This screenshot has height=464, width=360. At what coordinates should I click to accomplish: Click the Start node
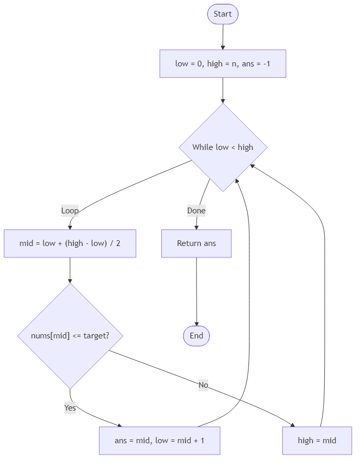coord(223,14)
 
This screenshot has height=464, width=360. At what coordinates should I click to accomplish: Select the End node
coord(197,336)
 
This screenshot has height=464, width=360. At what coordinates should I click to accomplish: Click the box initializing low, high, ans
coord(223,64)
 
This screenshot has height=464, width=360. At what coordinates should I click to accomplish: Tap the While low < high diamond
coord(223,147)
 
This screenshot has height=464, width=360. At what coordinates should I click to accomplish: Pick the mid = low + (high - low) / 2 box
coord(70,243)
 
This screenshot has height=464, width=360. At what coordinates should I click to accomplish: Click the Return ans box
coord(197,243)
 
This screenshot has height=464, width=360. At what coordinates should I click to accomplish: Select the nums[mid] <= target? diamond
coord(70,336)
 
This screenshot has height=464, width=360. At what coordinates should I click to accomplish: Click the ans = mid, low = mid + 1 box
coord(159,441)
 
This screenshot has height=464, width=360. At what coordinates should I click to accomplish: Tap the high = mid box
coord(317,441)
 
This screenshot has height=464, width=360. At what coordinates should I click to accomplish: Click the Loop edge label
coord(70,211)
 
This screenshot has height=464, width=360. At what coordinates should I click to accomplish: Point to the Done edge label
coord(197,211)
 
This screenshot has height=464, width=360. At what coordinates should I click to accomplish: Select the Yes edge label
coord(70,408)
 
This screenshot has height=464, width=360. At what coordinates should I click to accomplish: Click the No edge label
coord(203,385)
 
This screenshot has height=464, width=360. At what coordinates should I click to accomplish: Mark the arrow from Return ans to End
coord(197,291)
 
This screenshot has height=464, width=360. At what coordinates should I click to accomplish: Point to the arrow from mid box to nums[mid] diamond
coord(70,270)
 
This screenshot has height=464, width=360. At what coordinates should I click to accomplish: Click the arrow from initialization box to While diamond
coord(223,90)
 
